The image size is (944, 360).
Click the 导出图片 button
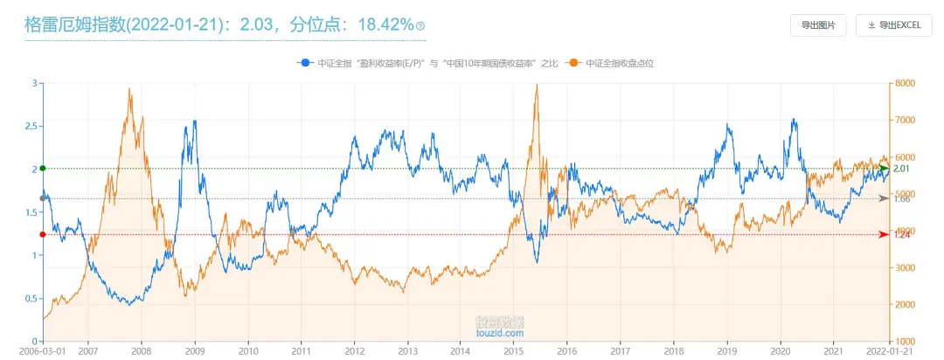point(817,25)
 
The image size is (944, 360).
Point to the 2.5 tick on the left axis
point(31,126)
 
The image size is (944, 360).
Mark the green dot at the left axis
point(43,168)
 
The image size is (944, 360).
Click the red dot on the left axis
point(43,234)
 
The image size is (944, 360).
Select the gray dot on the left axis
point(43,198)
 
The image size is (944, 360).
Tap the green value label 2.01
point(903,168)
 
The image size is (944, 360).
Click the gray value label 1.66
point(903,198)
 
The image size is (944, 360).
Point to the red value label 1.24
point(903,234)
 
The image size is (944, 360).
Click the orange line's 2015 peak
point(536,85)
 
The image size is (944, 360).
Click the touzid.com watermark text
point(499,333)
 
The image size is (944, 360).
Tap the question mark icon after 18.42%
point(420,26)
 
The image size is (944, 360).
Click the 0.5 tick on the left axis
point(31,298)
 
